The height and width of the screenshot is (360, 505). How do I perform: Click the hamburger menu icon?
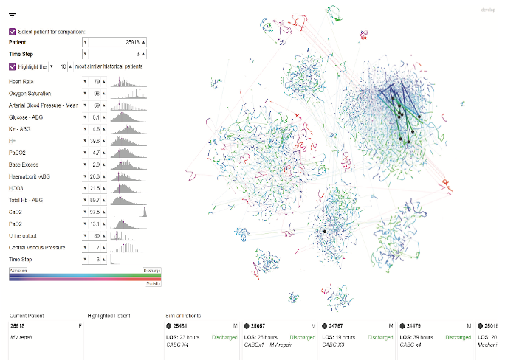click(x=13, y=15)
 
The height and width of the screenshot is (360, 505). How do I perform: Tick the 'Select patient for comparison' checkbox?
click(x=13, y=32)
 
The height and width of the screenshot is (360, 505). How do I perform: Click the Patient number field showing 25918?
click(x=115, y=43)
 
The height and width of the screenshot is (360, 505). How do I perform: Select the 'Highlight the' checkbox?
click(x=13, y=66)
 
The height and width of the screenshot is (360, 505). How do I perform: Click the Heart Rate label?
click(x=18, y=81)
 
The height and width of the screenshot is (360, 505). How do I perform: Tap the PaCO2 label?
click(x=18, y=153)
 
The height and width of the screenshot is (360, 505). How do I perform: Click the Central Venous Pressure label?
click(x=32, y=247)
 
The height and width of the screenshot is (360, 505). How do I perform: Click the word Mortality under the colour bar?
click(x=153, y=282)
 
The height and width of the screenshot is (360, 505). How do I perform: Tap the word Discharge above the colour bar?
click(x=152, y=270)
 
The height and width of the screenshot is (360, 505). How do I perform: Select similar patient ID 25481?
click(x=183, y=325)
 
